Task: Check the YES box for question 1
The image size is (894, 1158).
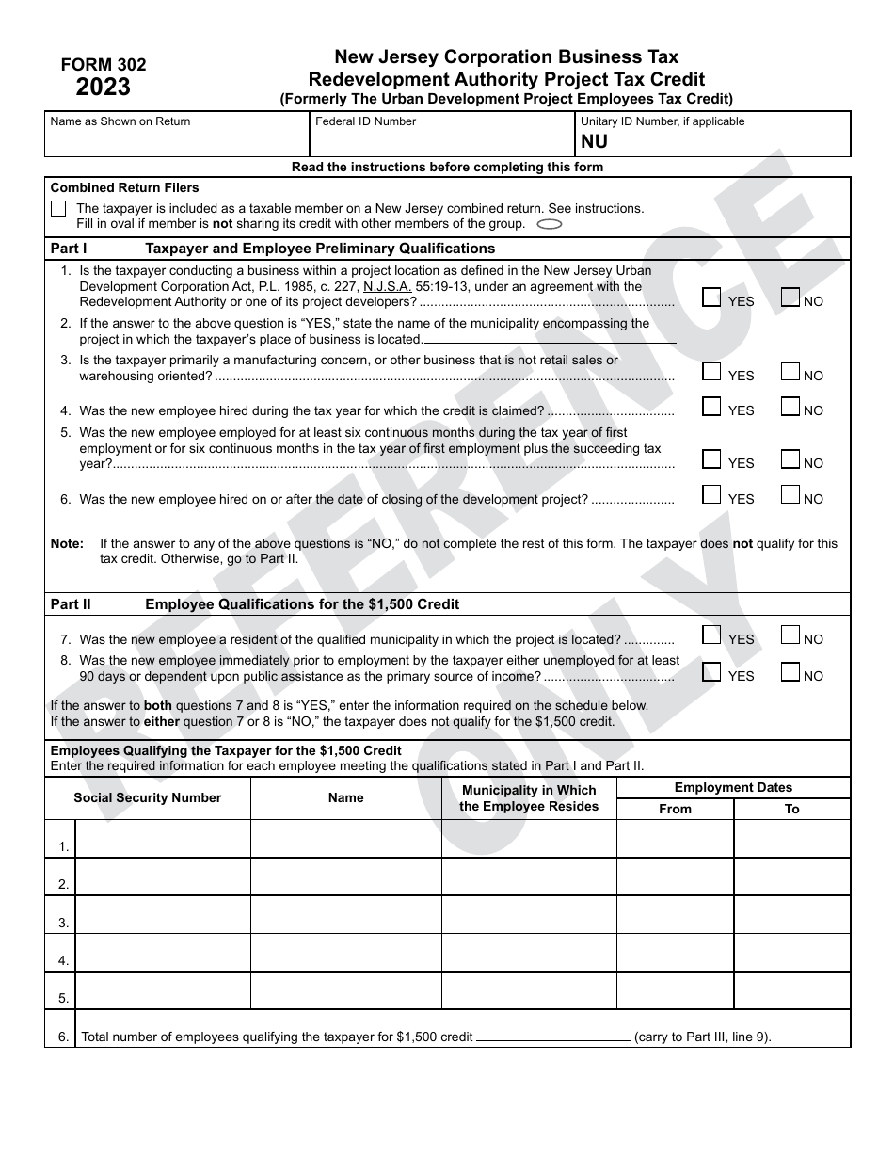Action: coord(712,298)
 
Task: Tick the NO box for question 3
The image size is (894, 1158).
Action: coord(790,372)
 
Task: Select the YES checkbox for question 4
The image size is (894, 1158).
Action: coord(712,407)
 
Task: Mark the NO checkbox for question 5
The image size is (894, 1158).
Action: coord(790,459)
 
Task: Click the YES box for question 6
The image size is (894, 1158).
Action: coord(712,495)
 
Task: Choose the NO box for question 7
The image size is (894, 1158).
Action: coord(790,635)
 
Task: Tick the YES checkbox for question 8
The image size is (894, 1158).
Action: coord(712,672)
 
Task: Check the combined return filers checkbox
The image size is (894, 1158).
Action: coord(58,209)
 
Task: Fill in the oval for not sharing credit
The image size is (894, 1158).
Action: coord(549,224)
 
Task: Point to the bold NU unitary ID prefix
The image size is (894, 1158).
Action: coord(594,142)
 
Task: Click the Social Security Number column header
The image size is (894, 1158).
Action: coord(148,798)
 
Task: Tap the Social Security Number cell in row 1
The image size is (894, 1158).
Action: coord(163,839)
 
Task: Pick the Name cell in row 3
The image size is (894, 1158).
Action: coord(346,915)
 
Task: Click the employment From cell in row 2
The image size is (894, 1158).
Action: coord(675,877)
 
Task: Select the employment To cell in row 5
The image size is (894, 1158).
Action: coord(791,990)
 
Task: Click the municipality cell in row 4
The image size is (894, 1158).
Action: coord(529,953)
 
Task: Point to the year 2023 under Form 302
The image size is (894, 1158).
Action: coord(104,88)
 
